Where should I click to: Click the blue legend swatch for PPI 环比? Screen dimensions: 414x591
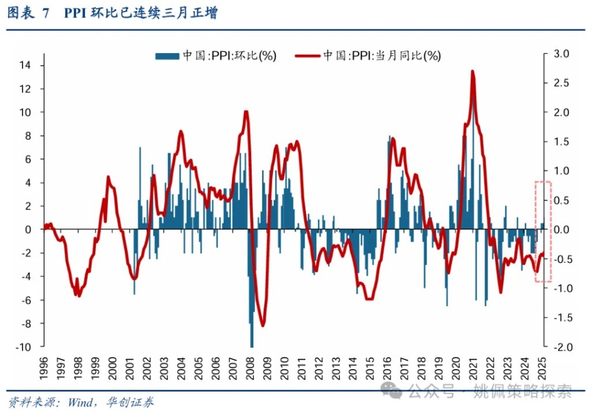point(167,55)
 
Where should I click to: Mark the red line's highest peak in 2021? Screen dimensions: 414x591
point(473,71)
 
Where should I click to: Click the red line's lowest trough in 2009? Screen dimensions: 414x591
point(263,326)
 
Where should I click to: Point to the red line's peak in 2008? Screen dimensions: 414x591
point(246,111)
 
